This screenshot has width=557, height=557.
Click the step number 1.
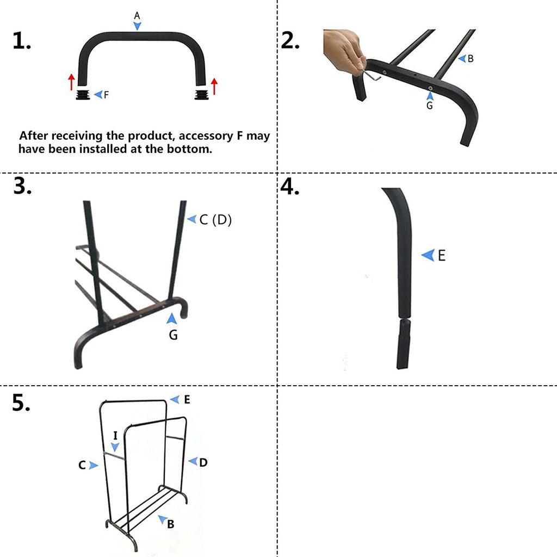point(21,41)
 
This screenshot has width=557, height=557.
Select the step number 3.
point(22,186)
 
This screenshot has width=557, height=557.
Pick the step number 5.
point(21,403)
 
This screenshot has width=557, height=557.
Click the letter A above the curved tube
point(137,16)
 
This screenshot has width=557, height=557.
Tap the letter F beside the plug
point(107,95)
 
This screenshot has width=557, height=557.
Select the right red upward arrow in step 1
point(214,86)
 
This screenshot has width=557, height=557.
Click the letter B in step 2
point(471,59)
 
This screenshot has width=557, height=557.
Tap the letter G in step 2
point(430,106)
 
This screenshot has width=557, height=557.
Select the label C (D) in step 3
point(215,220)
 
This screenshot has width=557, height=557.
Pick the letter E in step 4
point(441,255)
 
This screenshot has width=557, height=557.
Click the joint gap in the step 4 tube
point(403,317)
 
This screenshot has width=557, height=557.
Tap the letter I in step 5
point(115,435)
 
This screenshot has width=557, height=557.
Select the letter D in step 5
point(203,462)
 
